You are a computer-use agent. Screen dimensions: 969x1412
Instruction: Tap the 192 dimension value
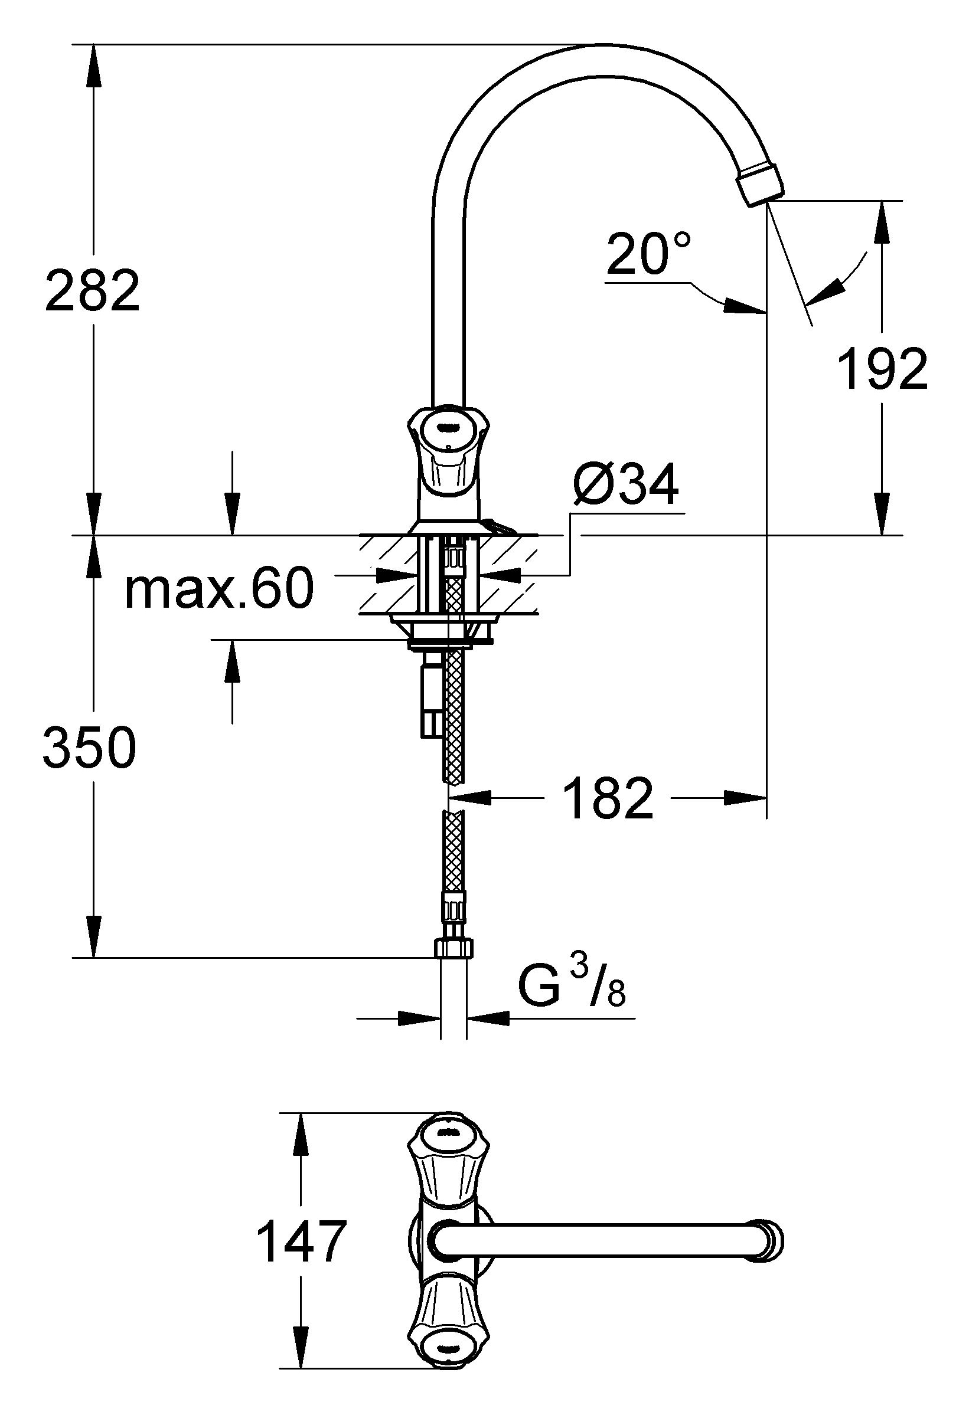[x=882, y=369]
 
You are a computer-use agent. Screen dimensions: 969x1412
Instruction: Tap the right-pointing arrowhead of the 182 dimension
[x=745, y=798]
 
